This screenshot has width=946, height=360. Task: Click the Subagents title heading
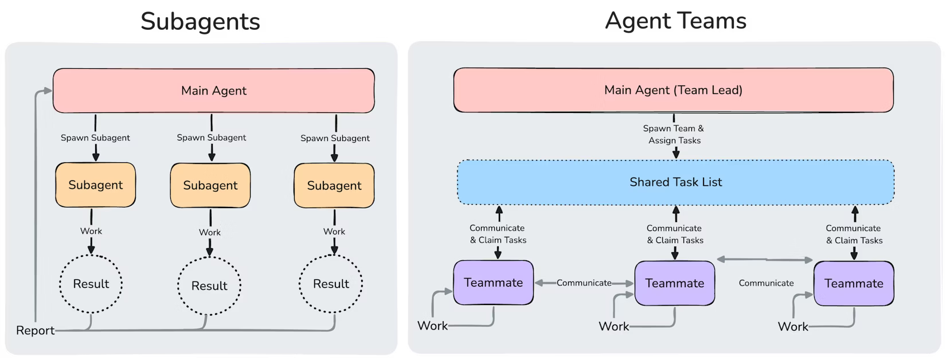click(x=200, y=22)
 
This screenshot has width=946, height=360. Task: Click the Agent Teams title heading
click(x=675, y=21)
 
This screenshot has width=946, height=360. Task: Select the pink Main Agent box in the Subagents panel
click(x=213, y=91)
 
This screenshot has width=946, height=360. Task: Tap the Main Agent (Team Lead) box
click(x=673, y=90)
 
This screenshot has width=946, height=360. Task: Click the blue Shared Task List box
click(x=675, y=182)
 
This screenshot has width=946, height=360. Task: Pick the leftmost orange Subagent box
click(x=95, y=185)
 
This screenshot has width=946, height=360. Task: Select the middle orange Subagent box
click(x=210, y=186)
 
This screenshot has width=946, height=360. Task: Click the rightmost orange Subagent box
click(x=334, y=186)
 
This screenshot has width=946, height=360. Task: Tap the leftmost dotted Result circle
click(x=91, y=284)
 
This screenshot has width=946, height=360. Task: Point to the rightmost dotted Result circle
click(x=331, y=284)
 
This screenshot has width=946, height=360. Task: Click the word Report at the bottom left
click(x=35, y=331)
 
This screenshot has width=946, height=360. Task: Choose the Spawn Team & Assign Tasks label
click(x=674, y=135)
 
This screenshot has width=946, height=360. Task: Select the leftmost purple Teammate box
click(x=493, y=283)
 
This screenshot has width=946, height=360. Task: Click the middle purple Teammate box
click(x=674, y=283)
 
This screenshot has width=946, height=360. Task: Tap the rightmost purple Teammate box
click(x=853, y=283)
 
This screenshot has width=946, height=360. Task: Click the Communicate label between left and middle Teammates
click(x=584, y=283)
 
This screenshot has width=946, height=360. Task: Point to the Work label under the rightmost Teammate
click(x=792, y=327)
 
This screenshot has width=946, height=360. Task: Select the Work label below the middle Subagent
click(x=209, y=232)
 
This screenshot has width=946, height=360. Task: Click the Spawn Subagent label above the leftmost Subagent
click(x=95, y=138)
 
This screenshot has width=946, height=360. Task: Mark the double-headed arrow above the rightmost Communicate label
click(x=765, y=260)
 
